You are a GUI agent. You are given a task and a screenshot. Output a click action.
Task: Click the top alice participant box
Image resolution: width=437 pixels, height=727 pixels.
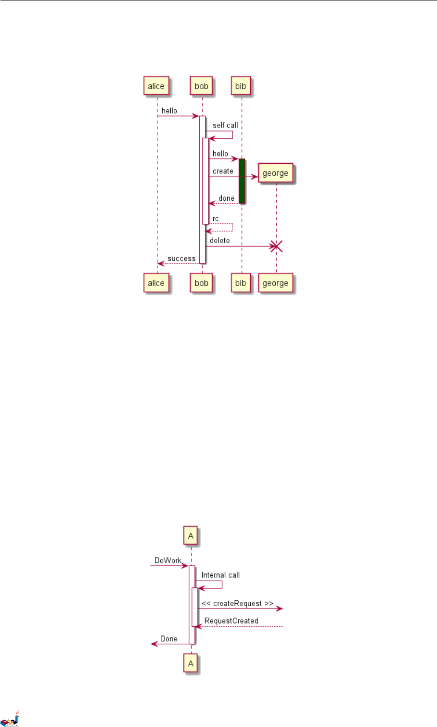tap(156, 86)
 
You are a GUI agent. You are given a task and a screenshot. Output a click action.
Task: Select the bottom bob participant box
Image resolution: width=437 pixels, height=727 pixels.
tap(201, 283)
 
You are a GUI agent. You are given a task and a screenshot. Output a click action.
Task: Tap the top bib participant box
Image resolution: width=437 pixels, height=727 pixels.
tap(241, 86)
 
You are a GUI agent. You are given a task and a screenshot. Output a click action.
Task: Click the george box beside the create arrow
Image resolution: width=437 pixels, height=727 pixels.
tap(275, 173)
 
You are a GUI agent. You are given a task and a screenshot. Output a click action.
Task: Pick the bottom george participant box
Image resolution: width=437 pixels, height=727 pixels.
tap(275, 283)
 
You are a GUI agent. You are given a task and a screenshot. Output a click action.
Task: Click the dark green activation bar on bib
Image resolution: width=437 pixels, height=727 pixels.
tap(242, 181)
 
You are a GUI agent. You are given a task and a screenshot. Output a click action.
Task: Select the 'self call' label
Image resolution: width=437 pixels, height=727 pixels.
tap(225, 125)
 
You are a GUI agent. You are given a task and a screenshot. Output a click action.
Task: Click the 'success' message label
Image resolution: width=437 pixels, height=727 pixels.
tap(181, 259)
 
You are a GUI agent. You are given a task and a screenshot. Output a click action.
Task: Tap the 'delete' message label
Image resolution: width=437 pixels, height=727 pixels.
tap(219, 240)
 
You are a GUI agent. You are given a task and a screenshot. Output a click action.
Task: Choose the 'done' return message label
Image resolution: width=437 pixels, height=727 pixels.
tap(226, 198)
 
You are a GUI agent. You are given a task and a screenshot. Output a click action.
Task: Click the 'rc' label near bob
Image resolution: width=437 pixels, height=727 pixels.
tap(216, 219)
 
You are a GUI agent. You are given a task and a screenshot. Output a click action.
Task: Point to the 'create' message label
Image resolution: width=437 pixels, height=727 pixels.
tap(223, 171)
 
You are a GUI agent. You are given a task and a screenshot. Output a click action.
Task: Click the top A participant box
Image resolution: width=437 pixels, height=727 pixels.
tap(191, 535)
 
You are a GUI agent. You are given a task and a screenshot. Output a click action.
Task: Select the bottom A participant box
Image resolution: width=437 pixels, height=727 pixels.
tap(191, 663)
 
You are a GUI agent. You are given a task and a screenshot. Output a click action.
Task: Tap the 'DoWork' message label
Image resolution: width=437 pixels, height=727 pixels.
tap(167, 560)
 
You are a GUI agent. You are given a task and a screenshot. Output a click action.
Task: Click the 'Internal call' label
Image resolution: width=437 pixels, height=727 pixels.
tap(220, 575)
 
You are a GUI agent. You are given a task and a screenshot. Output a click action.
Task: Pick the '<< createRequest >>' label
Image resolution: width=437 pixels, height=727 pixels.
tap(237, 603)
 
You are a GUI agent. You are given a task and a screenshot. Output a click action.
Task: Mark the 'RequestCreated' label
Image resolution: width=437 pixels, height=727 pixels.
tap(231, 621)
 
